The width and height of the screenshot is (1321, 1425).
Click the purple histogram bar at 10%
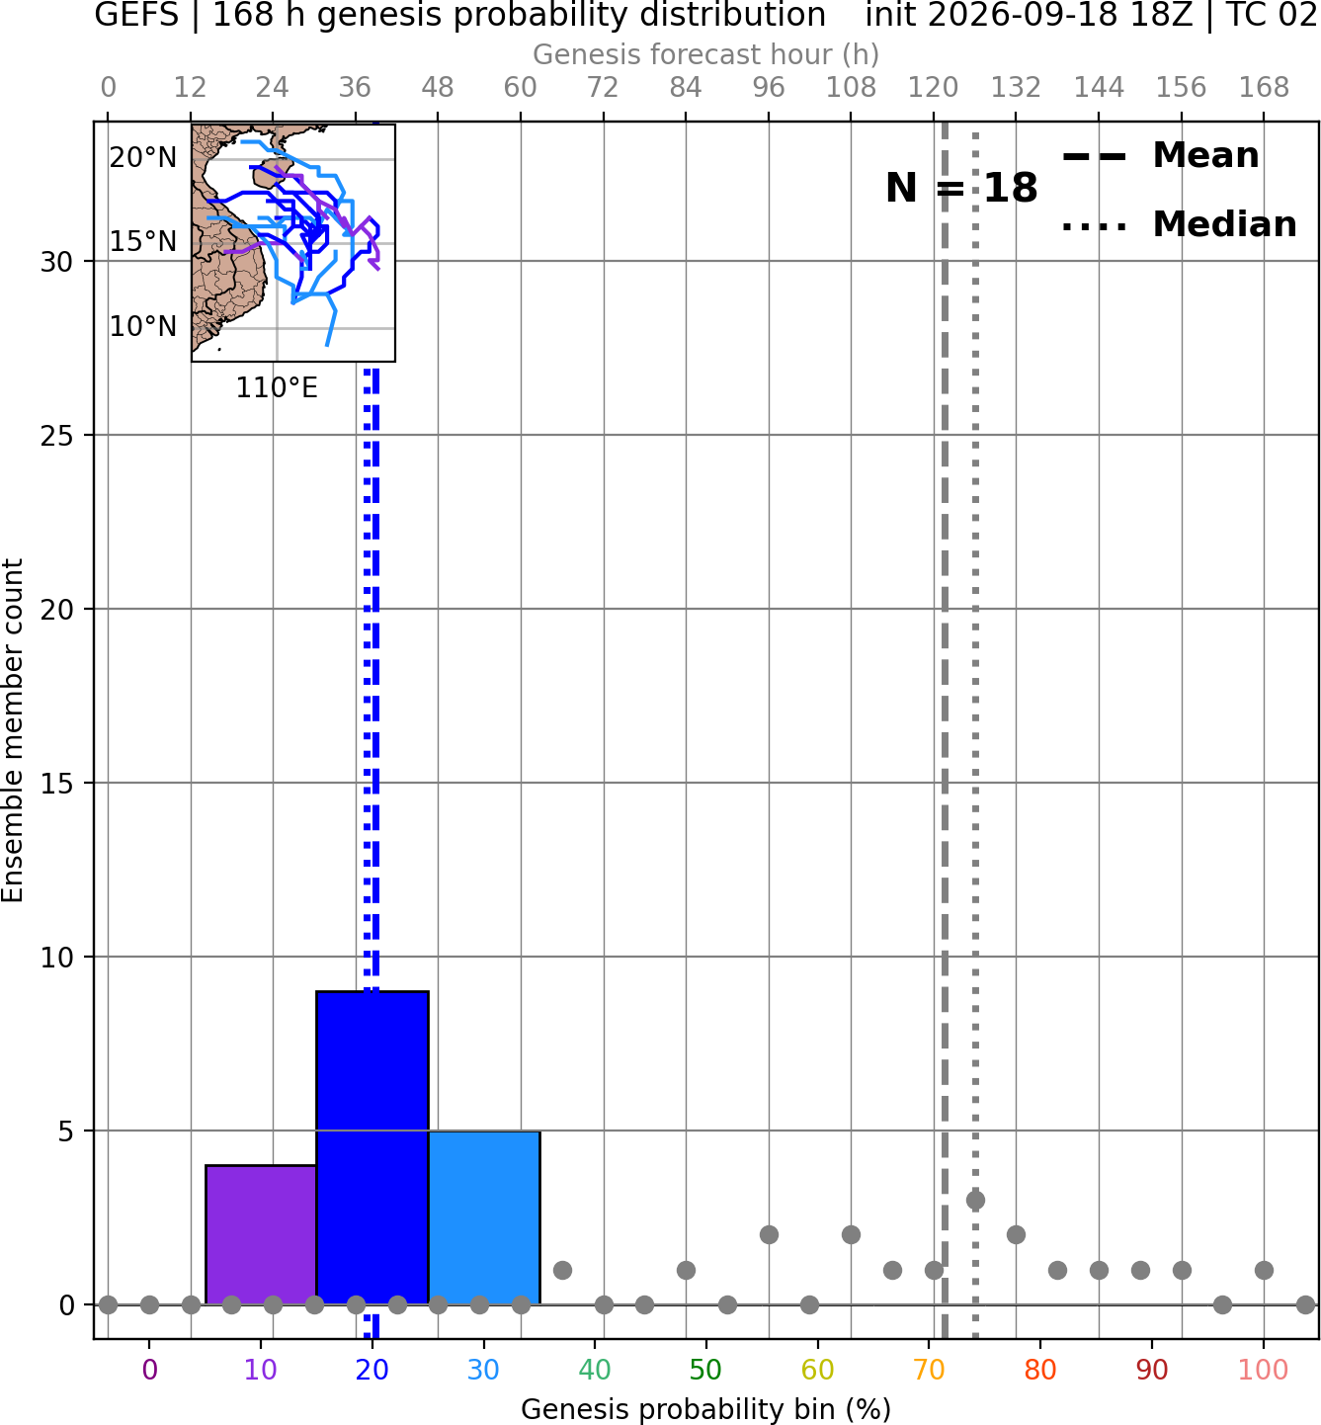click(261, 1234)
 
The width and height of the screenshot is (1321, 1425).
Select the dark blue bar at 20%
click(372, 1147)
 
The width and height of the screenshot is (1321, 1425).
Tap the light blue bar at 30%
click(484, 1216)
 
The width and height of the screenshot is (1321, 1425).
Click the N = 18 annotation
click(961, 188)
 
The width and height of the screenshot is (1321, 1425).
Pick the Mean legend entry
click(1160, 156)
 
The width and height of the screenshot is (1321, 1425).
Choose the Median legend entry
click(1179, 224)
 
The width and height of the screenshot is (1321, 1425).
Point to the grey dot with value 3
click(975, 1200)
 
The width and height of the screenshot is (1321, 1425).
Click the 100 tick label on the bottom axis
click(1264, 1370)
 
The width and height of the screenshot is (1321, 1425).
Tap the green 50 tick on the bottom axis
click(705, 1370)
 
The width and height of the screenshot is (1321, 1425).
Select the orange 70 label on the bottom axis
click(929, 1370)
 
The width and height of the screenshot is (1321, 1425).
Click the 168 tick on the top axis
click(1264, 88)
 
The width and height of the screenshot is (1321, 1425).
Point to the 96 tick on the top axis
click(769, 88)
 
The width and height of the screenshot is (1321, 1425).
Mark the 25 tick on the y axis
click(56, 436)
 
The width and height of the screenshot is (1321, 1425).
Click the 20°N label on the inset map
click(143, 157)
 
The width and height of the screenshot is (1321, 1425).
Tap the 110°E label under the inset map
click(277, 388)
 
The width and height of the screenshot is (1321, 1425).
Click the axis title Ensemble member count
click(13, 730)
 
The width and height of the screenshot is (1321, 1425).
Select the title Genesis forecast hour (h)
click(706, 54)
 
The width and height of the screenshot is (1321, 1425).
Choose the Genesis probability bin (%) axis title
click(706, 1409)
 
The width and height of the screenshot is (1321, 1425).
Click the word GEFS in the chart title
click(136, 15)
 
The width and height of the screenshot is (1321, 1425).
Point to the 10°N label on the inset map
click(143, 326)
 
